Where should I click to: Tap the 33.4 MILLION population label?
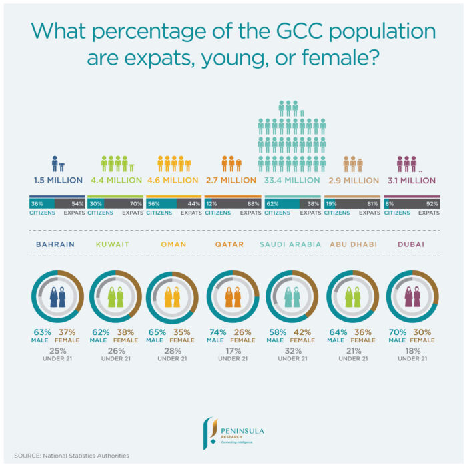click(x=293, y=180)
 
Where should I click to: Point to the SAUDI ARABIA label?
click(x=293, y=244)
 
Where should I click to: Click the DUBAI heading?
click(x=411, y=244)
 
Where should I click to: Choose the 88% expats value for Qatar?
click(x=253, y=203)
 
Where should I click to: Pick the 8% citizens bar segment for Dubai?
click(x=389, y=203)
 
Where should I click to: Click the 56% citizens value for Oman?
click(x=153, y=203)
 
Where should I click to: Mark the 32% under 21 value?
click(x=293, y=350)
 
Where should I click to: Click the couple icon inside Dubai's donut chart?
click(x=412, y=297)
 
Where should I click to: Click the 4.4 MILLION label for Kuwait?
click(x=116, y=180)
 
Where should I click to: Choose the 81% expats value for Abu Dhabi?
click(x=372, y=203)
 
